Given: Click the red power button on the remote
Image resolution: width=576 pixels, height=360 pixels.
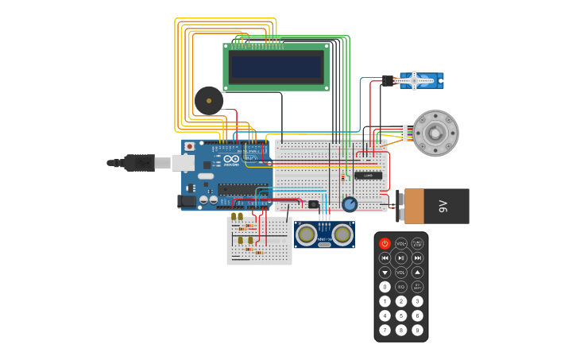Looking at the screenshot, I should coord(385,243).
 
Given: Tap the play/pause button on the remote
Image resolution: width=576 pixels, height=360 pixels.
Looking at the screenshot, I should coord(401,257).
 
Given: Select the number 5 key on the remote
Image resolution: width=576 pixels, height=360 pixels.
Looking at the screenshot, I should coord(401,315).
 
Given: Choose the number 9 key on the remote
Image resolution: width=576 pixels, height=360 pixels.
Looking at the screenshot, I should coord(417,330).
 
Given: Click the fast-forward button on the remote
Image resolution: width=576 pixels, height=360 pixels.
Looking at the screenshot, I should coord(417,257).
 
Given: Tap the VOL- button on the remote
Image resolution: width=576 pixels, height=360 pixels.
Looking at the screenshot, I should coord(401,243).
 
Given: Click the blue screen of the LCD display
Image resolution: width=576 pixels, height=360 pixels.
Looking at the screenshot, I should coord(276,68).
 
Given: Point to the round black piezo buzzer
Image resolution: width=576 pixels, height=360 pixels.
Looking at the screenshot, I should coord(209,101).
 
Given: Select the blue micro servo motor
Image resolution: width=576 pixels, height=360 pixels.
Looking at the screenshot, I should coord(418,80).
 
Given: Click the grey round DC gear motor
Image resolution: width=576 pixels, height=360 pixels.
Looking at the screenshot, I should coord(435,133).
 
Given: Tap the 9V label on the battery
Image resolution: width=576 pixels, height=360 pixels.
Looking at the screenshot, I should coord(443,207).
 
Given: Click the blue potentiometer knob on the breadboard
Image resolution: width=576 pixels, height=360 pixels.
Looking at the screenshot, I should coord(350,204).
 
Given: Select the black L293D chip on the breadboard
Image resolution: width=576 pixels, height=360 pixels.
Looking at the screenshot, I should coord(368,175).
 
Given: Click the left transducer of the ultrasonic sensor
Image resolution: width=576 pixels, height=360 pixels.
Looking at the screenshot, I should coord(307,234).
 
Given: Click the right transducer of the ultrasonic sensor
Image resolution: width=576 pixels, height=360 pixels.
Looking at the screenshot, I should coord(342,234).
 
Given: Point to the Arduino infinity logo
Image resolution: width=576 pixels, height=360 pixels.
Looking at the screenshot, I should coord(231,159).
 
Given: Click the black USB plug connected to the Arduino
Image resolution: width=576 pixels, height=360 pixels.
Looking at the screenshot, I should coord(139,162).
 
